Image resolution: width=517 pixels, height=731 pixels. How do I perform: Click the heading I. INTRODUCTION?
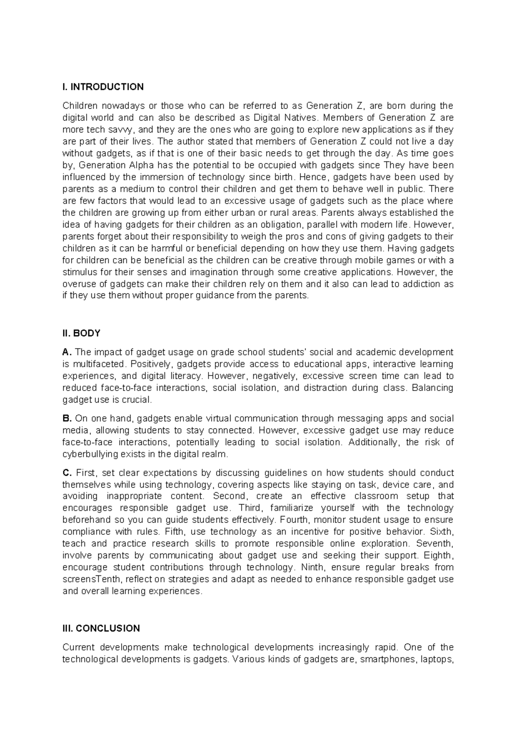[x=103, y=87]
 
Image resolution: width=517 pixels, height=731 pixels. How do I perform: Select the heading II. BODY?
[x=81, y=333]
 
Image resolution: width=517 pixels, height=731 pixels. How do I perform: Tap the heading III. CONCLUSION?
[x=101, y=628]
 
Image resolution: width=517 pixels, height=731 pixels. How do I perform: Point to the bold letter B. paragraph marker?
[x=67, y=418]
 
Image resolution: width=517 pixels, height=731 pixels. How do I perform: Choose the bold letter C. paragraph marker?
[x=67, y=473]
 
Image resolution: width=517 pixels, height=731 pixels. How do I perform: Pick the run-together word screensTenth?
[x=89, y=579]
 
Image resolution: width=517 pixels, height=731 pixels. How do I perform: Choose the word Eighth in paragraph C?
[x=439, y=556]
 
